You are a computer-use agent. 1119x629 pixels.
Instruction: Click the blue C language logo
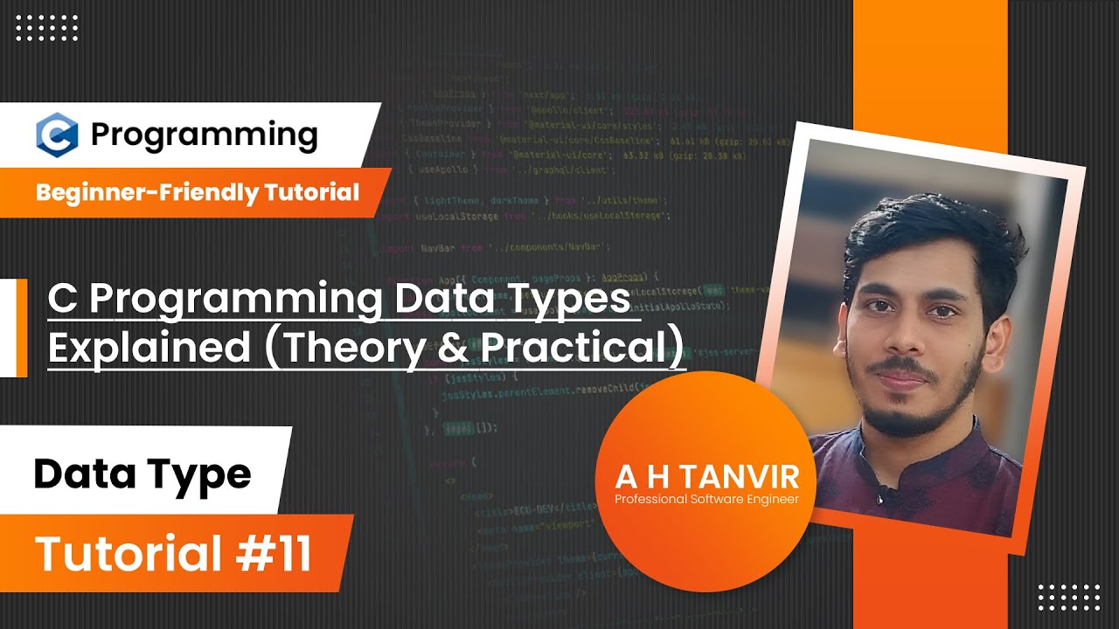pos(58,135)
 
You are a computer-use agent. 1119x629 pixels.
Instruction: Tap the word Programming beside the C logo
pos(204,135)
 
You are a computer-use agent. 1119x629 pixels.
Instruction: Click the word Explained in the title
pos(149,348)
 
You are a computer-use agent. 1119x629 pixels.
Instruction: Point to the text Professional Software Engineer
pos(706,500)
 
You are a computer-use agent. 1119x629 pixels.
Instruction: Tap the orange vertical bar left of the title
pos(22,328)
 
